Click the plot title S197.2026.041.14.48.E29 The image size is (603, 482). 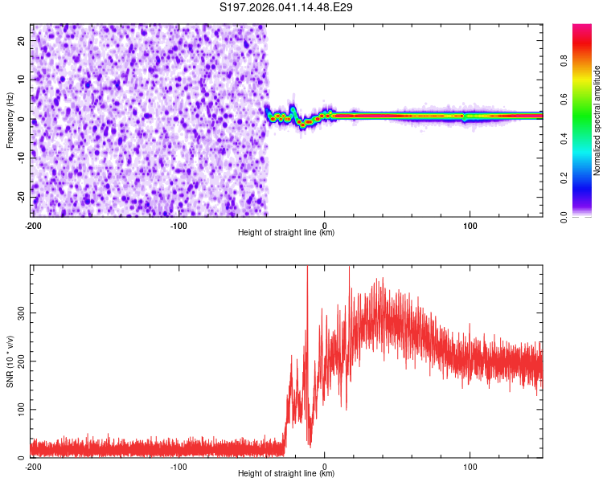(x=286, y=8)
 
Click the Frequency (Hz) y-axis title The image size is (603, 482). (x=10, y=120)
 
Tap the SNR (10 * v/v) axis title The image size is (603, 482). (x=10, y=361)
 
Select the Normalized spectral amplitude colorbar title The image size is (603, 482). (x=597, y=120)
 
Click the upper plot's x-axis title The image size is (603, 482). (x=286, y=232)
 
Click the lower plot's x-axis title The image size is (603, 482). (x=286, y=473)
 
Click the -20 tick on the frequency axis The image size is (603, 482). (x=21, y=197)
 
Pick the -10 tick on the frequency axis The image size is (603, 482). (x=21, y=158)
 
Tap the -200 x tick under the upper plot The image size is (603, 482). (x=33, y=225)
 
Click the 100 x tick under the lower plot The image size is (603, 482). (x=470, y=466)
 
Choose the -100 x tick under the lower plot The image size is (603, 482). (x=178, y=466)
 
